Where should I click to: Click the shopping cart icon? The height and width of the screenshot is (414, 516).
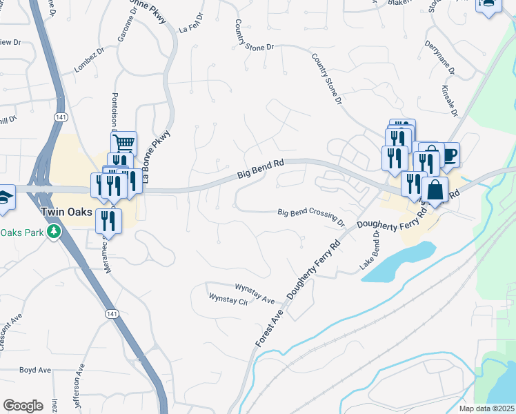pyautogui.click(x=123, y=144)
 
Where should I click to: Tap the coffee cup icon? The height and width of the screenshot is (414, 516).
pyautogui.click(x=450, y=154)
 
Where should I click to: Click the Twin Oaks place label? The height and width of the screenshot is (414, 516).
pyautogui.click(x=66, y=212)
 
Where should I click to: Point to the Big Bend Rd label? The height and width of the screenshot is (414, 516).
pyautogui.click(x=261, y=168)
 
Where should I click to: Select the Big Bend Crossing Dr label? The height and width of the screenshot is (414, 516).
pyautogui.click(x=311, y=217)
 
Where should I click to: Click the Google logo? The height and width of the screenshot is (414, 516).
pyautogui.click(x=23, y=406)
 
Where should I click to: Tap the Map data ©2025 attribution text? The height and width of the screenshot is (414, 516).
pyautogui.click(x=487, y=408)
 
